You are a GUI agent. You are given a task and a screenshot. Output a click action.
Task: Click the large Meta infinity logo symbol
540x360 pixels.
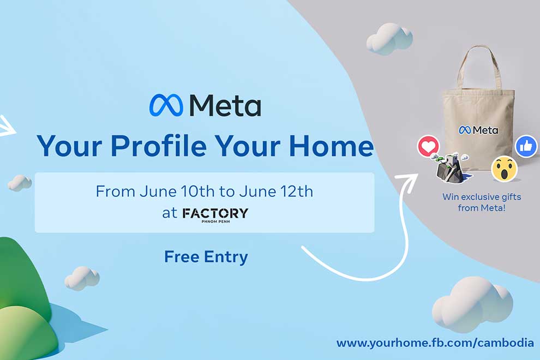166,105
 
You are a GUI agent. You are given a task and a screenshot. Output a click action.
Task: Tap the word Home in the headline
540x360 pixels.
331,146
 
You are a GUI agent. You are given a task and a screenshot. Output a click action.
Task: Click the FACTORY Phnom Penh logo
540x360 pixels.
215,214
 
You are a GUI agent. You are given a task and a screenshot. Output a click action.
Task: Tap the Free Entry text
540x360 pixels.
206,256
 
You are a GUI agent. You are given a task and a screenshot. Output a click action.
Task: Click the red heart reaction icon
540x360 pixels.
428,146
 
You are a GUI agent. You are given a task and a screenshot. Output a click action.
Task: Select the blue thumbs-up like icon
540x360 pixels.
526,147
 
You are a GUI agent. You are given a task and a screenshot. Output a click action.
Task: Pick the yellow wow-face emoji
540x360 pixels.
504,169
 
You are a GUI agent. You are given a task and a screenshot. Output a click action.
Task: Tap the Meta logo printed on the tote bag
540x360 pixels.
478,130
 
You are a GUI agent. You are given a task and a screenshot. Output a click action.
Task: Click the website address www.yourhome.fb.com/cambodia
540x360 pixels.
435,343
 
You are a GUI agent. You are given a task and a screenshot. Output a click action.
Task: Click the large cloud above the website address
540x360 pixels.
472,303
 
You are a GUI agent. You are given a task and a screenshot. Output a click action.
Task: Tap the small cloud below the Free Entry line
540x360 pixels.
82,278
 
